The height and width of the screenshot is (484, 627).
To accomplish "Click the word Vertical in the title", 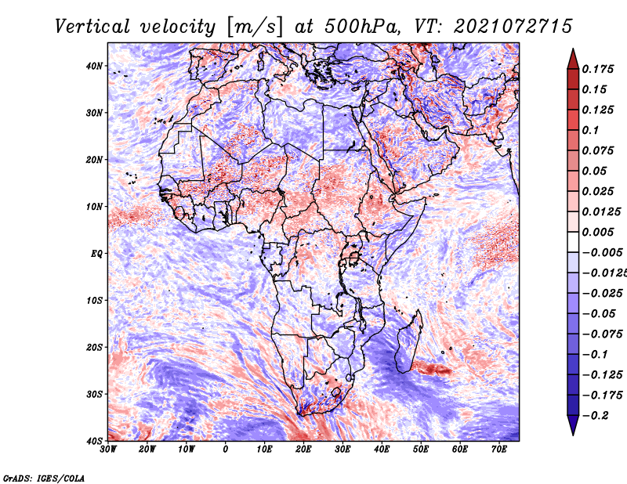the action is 92,27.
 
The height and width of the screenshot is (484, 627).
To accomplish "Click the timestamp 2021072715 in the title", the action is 513,27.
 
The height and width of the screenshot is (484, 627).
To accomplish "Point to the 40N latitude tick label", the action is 94,66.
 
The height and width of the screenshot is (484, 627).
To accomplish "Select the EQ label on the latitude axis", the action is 96,254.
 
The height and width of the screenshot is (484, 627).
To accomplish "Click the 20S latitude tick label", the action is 94,347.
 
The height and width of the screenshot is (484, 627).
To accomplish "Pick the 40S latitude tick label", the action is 94,441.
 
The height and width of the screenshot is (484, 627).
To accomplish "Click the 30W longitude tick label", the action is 108,450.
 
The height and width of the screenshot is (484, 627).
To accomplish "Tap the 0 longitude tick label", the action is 226,450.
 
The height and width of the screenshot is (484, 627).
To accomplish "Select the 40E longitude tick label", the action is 382,450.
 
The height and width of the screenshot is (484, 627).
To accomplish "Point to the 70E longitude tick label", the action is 498,450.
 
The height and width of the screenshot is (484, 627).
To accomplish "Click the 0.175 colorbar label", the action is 597,69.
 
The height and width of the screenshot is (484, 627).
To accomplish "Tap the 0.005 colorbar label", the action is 597,232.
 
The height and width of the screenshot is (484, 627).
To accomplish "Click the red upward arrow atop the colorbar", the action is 573,60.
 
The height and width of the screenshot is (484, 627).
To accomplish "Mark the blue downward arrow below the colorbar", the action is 573,424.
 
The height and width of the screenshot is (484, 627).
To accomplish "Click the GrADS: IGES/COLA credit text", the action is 44,478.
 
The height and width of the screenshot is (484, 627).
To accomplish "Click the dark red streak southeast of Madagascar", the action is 432,368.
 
